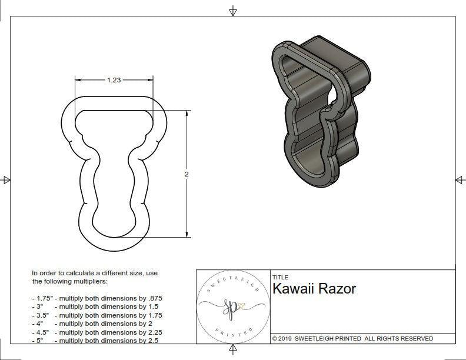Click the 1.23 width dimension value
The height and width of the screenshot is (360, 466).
click(x=114, y=81)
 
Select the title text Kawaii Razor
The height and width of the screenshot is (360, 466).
click(x=314, y=289)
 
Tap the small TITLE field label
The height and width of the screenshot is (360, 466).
click(x=280, y=278)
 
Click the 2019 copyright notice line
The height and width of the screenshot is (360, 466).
click(x=352, y=338)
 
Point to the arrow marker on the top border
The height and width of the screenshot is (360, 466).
click(x=233, y=11)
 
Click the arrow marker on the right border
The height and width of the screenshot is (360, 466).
click(x=460, y=180)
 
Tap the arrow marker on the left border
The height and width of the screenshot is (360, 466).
click(x=6, y=180)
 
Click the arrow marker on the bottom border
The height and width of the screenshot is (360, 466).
click(x=233, y=351)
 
